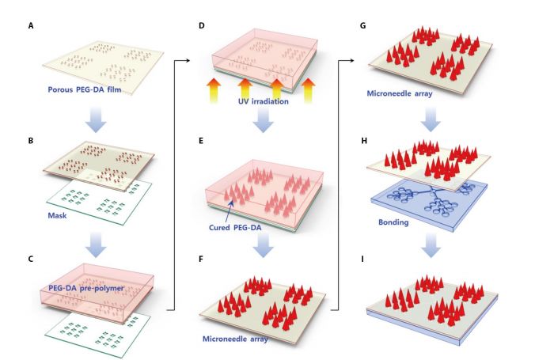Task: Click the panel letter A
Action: point(32,25)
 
